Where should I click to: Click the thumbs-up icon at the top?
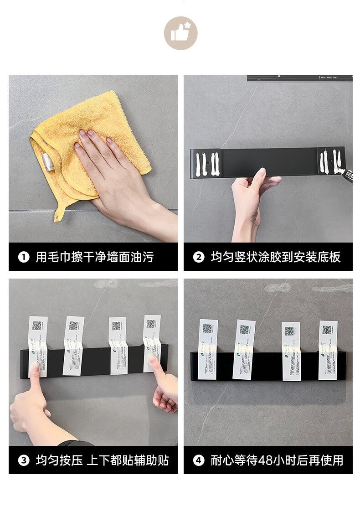click(x=181, y=33)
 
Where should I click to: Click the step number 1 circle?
click(x=24, y=257)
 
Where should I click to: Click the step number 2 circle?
click(x=199, y=257)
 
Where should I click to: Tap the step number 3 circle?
click(x=24, y=460)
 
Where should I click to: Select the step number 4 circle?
click(x=199, y=460)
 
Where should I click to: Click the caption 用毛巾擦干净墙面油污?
click(x=95, y=257)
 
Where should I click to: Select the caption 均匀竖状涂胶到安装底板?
click(x=275, y=257)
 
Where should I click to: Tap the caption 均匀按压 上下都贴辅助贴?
click(x=102, y=460)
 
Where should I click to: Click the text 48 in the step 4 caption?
click(x=265, y=460)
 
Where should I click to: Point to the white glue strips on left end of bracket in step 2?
click(x=206, y=164)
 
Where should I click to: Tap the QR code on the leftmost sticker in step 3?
click(x=37, y=325)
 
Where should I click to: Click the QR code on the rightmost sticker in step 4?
click(x=327, y=330)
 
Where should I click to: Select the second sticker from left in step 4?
click(x=244, y=349)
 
